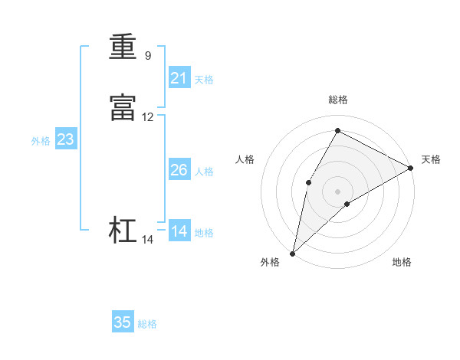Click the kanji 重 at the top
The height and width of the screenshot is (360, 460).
point(123,47)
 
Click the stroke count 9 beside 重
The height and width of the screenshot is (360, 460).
point(148,55)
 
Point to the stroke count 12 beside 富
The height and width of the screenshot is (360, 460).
point(148,117)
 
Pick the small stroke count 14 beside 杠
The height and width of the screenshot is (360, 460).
point(148,240)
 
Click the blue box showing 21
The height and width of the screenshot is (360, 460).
point(179,77)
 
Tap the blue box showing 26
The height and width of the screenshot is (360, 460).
point(179,170)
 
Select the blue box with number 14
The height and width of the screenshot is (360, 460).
point(179,231)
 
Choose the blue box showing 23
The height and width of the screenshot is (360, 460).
point(65,139)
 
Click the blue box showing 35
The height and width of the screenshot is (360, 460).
point(123,322)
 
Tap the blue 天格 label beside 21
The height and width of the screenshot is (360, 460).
point(204,79)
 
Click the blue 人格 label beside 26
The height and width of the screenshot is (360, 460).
point(204,172)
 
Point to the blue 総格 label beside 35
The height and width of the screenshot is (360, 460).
point(147,324)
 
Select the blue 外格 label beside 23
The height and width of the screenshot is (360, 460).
point(41,141)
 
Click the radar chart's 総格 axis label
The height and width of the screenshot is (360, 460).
point(338,100)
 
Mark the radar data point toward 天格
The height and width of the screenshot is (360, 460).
point(411,169)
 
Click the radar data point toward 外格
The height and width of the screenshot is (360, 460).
point(293,253)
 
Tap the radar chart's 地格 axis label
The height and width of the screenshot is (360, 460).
point(402,262)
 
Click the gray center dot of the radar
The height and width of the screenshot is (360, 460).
point(338,190)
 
